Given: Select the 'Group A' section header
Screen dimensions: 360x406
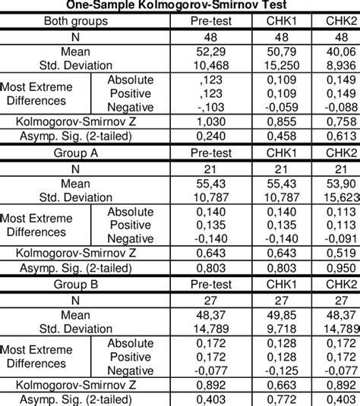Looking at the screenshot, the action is pyautogui.click(x=73, y=152).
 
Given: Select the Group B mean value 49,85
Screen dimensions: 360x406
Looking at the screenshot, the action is pyautogui.click(x=283, y=315).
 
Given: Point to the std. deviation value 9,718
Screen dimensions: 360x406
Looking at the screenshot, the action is pyautogui.click(x=283, y=328).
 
